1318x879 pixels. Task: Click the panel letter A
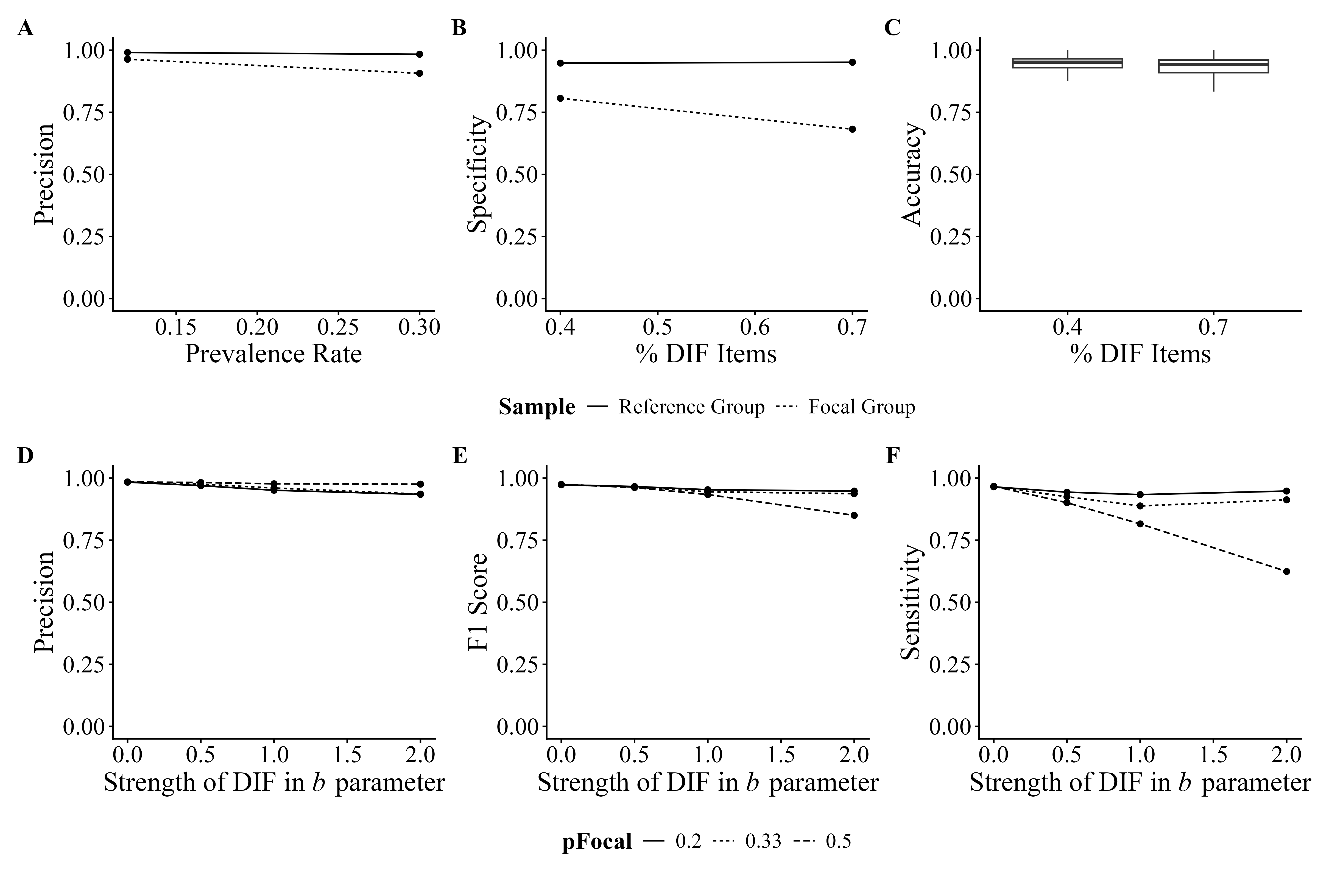[25, 28]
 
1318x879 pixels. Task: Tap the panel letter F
[892, 456]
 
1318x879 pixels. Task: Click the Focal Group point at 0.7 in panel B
[852, 129]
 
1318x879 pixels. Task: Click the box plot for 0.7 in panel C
[1213, 66]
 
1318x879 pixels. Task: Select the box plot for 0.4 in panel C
[1068, 63]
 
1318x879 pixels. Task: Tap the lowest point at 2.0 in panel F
[1287, 571]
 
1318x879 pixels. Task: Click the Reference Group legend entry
[691, 407]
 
